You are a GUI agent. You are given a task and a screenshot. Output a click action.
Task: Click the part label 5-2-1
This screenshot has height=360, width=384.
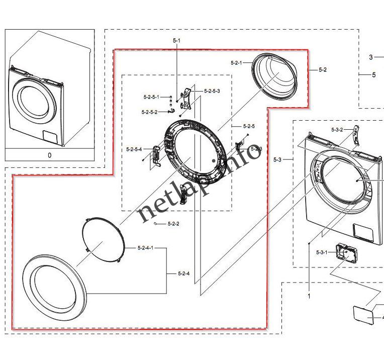point(236,63)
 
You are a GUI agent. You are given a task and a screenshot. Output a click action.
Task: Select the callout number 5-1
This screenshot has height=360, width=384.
point(176,40)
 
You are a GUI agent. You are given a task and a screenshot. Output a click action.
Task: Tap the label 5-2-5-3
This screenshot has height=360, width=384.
point(212,91)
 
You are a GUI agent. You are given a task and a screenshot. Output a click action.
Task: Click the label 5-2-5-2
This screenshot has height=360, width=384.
point(149,112)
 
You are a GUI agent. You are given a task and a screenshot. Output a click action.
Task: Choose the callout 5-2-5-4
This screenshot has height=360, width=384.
point(134,149)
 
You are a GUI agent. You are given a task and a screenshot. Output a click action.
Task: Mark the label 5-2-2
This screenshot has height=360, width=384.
point(173,223)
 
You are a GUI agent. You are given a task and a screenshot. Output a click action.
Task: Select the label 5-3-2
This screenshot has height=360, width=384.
point(337,130)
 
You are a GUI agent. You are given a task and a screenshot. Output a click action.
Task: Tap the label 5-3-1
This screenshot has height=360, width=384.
point(322,252)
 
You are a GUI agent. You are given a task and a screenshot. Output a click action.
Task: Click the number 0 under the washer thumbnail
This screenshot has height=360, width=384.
point(49,155)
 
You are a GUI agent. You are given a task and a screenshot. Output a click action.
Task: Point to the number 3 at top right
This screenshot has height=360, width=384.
point(371,57)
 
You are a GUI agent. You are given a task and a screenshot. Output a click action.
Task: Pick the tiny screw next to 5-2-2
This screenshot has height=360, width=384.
point(157,223)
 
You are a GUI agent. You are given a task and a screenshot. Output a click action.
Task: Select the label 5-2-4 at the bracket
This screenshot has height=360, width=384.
point(183,274)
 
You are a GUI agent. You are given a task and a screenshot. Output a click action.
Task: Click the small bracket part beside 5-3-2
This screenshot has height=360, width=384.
point(357,135)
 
